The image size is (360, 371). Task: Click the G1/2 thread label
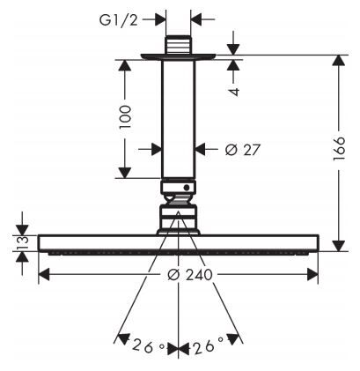tap(118, 19)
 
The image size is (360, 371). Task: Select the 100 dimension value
tap(125, 117)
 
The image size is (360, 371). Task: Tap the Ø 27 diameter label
tap(243, 150)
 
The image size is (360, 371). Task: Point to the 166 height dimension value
tap(339, 148)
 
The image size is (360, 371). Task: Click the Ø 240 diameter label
tap(190, 275)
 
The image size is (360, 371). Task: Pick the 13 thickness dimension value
tap(22, 242)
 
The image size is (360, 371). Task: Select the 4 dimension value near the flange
tap(234, 92)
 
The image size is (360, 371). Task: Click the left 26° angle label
tap(148, 345)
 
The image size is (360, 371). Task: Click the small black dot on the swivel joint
tap(186, 187)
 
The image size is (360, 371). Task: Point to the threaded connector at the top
tap(178, 45)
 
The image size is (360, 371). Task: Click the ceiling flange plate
tap(179, 56)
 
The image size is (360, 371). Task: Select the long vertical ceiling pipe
tap(178, 119)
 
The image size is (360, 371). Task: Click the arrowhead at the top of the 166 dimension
tap(339, 60)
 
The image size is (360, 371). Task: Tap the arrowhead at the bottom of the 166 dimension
tap(339, 246)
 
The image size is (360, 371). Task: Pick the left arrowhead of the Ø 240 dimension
tap(44, 274)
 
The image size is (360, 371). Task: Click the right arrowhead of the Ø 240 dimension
tap(312, 274)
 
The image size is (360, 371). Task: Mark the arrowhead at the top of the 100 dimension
tap(125, 65)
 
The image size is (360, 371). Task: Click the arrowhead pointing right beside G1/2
tap(160, 19)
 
